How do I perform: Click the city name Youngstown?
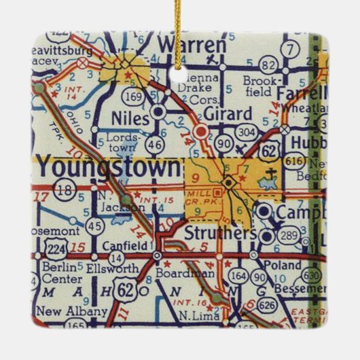coord(109,167)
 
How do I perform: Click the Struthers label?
coord(220,233)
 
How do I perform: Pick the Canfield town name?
coord(122,245)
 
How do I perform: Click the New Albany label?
coord(72,312)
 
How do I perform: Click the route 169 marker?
coord(134,97)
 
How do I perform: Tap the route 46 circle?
coord(156,143)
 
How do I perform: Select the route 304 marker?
coord(246,132)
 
